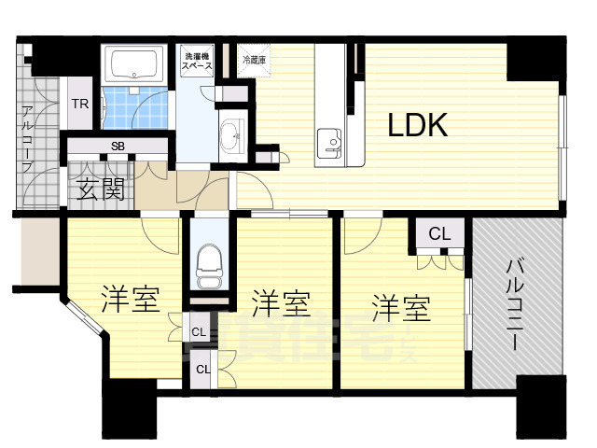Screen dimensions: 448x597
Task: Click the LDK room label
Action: [419, 125]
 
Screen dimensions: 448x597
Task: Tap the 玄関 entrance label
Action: [100, 191]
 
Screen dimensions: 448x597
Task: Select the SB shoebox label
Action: [118, 146]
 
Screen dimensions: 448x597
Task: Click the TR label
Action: [80, 105]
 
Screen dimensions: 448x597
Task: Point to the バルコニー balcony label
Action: [515, 303]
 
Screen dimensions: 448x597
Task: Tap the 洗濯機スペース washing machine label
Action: [196, 63]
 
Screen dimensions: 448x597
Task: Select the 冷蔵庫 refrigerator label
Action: [253, 59]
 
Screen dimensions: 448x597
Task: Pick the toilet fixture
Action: [209, 261]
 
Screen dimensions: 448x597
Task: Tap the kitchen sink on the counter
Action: [331, 140]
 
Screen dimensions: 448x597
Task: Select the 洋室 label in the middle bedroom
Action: [281, 302]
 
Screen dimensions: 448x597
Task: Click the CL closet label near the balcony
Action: [440, 233]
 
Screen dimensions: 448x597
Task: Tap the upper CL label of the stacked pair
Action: [199, 331]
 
